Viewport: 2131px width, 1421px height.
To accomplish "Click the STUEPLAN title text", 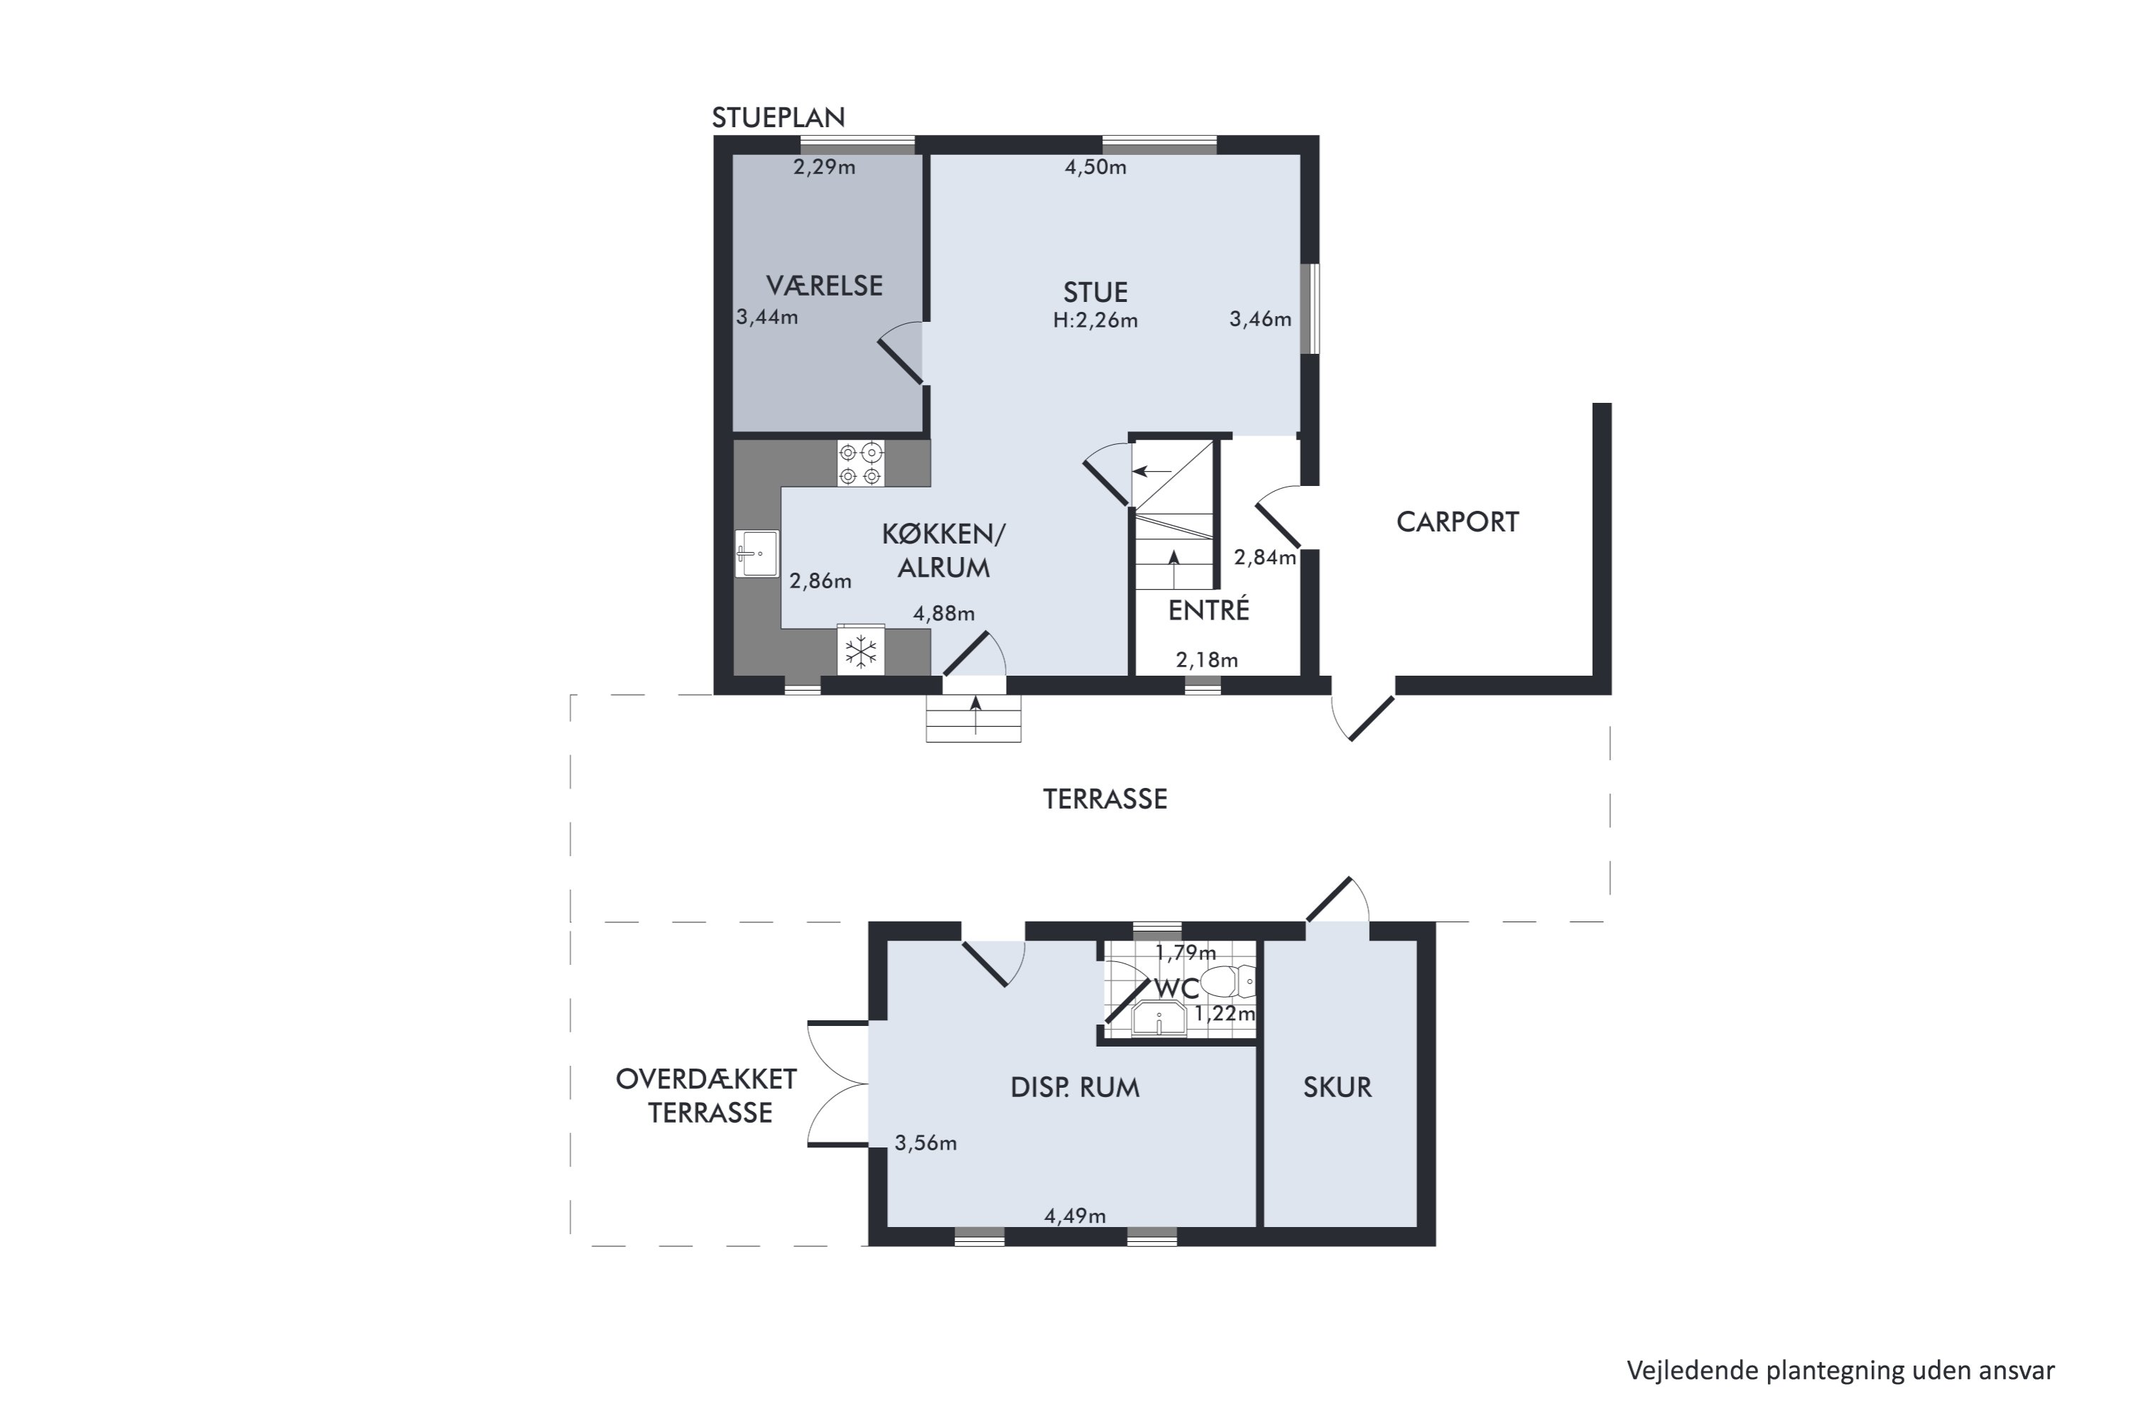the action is click(779, 118).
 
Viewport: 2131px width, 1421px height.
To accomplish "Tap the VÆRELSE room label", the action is click(825, 286).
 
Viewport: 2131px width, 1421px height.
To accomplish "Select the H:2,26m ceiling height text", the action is click(1095, 320).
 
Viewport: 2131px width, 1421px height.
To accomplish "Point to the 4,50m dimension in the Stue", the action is click(1095, 167).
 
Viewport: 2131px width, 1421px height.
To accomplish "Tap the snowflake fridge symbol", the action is click(861, 651).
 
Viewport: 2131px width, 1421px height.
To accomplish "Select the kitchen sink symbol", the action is click(757, 553).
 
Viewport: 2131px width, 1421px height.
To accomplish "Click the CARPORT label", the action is click(1457, 522).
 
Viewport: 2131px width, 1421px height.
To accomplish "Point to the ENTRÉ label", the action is click(1209, 610).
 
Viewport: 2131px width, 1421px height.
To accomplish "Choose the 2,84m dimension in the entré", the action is click(1265, 557).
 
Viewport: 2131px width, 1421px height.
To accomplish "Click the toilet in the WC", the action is click(1230, 981).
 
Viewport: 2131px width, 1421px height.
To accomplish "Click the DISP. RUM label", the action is click(1075, 1088).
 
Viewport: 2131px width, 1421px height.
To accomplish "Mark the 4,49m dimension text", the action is click(1075, 1216).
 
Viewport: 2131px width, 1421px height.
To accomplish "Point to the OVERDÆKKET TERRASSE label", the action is click(707, 1096).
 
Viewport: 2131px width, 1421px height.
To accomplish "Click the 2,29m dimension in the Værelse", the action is click(825, 167).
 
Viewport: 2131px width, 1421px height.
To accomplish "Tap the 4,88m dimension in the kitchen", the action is click(944, 614).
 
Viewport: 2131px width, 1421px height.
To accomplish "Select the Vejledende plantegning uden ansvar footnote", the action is click(1840, 1371).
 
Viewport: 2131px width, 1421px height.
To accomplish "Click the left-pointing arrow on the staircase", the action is click(1152, 471).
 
